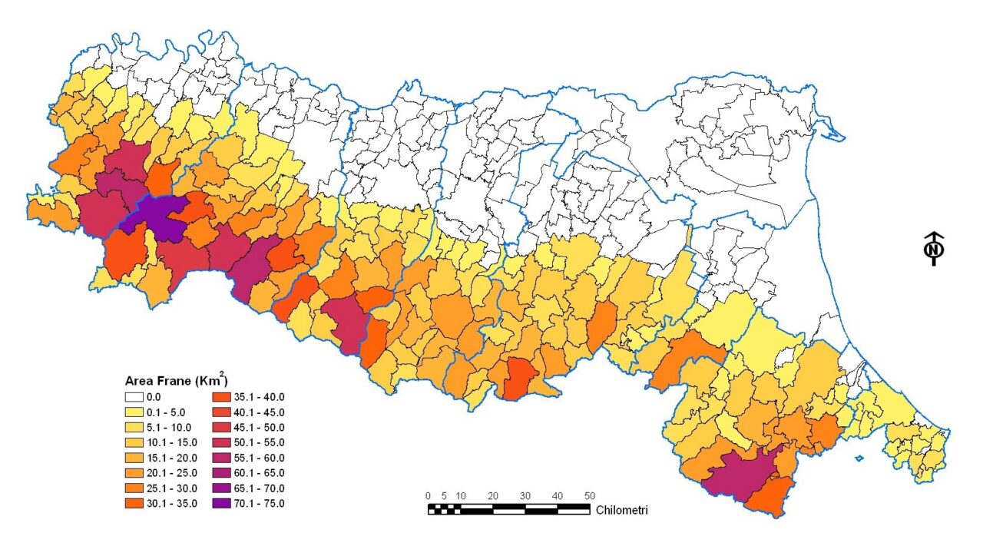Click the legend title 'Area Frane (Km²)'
tap(176, 380)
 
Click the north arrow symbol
tap(934, 249)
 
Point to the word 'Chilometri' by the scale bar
tap(621, 509)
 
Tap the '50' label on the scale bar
tap(589, 495)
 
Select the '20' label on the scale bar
tap(492, 495)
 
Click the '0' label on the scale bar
tap(428, 495)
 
